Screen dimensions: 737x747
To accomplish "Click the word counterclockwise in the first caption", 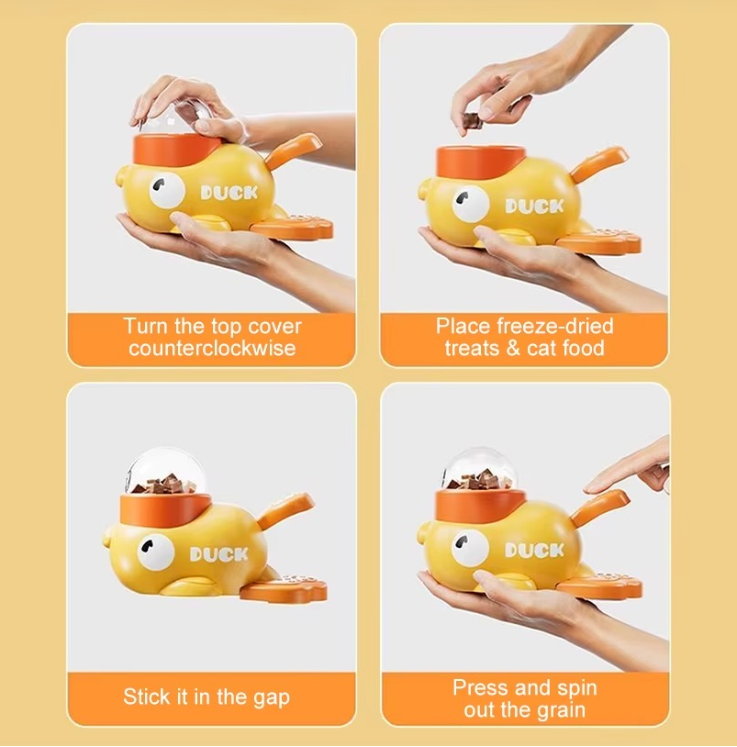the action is tap(212, 348).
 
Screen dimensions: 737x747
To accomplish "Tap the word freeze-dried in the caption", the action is tap(555, 327).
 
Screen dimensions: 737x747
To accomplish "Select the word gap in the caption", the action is tap(272, 698).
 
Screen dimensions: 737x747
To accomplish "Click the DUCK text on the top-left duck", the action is tap(229, 193).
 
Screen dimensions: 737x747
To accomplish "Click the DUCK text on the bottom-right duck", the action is tap(534, 551).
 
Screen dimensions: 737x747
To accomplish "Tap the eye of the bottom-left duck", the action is tap(156, 552).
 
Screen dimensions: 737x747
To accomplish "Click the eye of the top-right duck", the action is tap(471, 204).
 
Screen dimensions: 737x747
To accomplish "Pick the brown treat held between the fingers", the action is tap(472, 121).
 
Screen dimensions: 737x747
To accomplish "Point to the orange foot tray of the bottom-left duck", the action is tap(285, 587).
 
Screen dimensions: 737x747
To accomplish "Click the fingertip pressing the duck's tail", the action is tap(596, 488).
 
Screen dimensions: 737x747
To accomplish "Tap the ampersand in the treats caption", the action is tap(513, 348).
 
